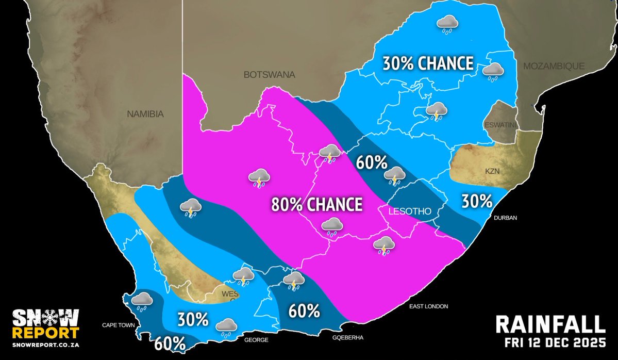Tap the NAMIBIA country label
point(145,114)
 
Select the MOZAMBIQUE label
point(554,66)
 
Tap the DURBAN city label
point(505,218)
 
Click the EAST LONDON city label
point(429,306)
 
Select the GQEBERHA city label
point(348,337)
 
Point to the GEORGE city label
point(256,340)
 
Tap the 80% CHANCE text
point(317,204)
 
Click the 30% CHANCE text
point(428,63)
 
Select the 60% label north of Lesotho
point(372,163)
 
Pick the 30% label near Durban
point(476,201)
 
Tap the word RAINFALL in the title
point(550,324)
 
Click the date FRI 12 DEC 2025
point(555,343)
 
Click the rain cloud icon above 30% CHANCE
point(447,23)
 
